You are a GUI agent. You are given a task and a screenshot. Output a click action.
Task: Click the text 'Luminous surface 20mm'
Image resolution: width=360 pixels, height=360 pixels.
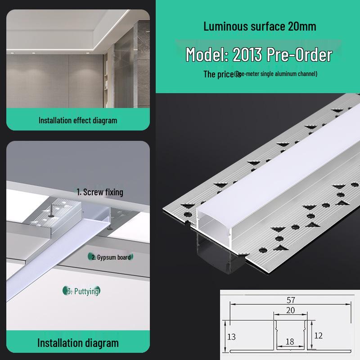(x=260, y=26)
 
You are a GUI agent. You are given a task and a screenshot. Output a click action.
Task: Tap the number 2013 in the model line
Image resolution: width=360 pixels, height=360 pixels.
(x=247, y=54)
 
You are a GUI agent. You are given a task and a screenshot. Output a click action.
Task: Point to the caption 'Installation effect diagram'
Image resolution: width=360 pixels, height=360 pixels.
(x=77, y=120)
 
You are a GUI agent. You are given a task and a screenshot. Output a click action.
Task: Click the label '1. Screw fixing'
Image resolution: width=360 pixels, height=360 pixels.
(x=99, y=192)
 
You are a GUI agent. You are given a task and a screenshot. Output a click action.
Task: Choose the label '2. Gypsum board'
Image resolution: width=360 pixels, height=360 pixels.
(x=111, y=257)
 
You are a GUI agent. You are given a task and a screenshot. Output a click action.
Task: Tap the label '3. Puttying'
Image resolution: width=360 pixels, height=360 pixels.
(x=82, y=291)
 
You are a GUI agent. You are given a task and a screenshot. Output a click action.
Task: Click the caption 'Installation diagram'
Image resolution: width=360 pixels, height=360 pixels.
(x=77, y=343)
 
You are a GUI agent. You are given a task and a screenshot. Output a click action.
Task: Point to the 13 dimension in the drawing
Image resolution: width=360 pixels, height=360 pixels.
(x=231, y=337)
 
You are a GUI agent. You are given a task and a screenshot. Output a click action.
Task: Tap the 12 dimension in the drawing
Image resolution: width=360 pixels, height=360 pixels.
(x=319, y=335)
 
